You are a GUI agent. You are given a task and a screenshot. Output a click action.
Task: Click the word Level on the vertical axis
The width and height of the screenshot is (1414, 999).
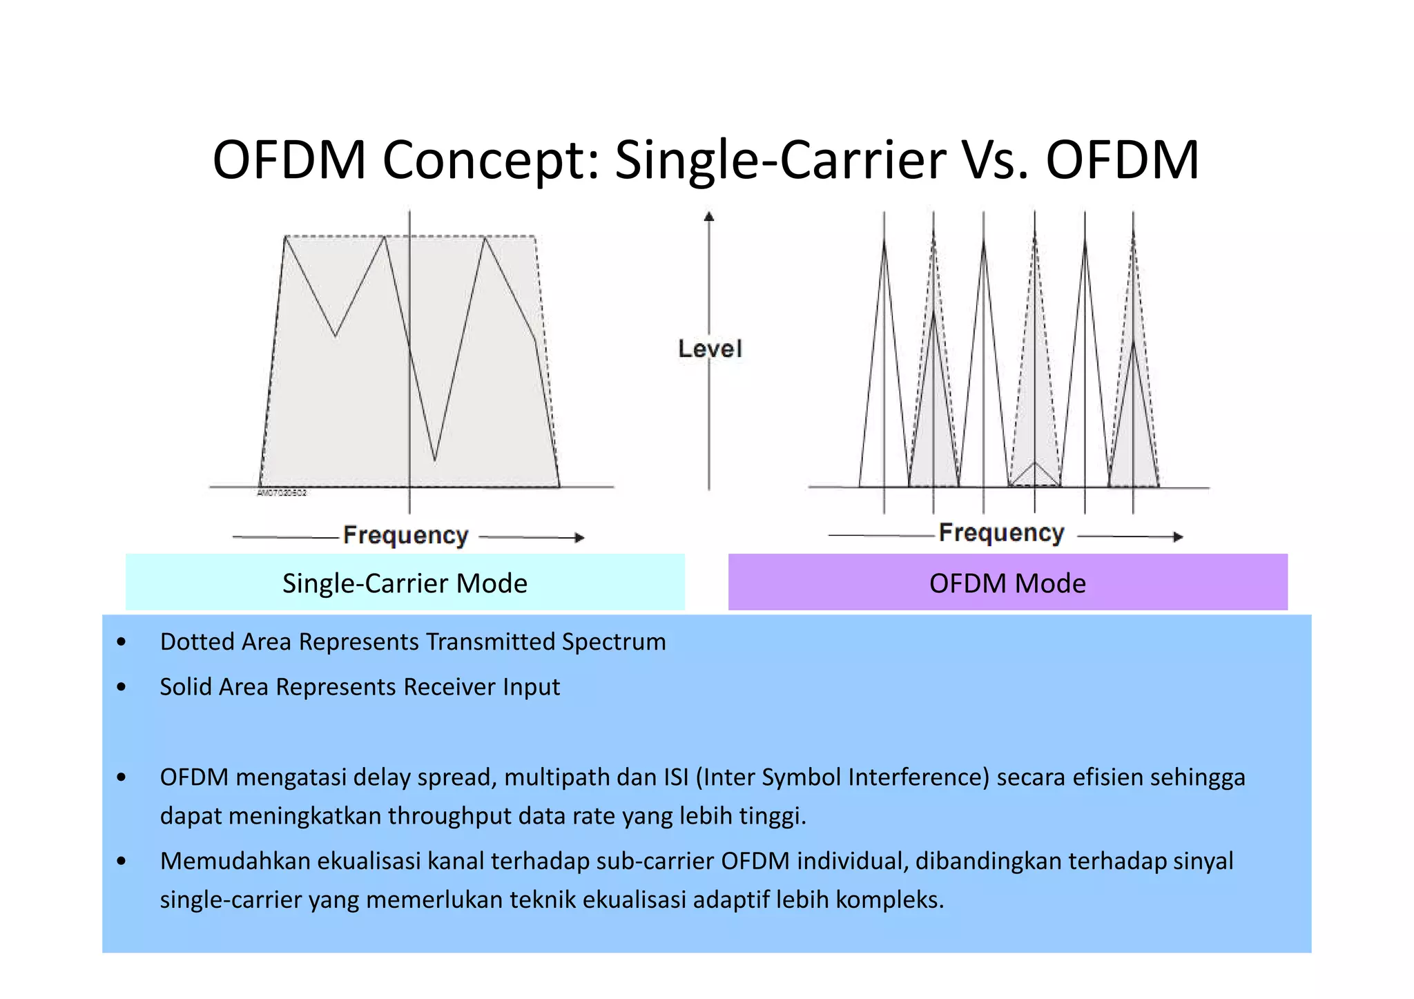click(x=710, y=349)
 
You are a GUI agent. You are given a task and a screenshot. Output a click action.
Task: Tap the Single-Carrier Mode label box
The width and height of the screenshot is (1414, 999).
click(x=405, y=583)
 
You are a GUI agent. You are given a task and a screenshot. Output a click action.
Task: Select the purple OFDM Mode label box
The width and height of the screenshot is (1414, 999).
click(x=1007, y=583)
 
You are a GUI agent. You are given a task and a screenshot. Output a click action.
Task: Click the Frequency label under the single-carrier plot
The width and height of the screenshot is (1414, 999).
click(x=406, y=535)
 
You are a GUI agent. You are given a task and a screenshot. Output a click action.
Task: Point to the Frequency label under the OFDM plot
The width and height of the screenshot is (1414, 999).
click(x=1001, y=533)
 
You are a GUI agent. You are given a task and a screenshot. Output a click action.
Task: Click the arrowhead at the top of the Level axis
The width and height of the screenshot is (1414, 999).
click(x=709, y=217)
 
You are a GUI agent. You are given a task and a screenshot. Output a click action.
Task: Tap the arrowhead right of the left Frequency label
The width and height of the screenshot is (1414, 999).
click(x=580, y=537)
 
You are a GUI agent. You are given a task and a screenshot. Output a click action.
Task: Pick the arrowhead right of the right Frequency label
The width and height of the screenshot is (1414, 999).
click(x=1178, y=536)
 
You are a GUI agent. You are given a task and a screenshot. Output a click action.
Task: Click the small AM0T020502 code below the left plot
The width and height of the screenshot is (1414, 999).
click(x=282, y=493)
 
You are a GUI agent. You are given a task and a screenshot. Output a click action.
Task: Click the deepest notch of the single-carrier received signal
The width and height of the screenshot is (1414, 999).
click(x=434, y=458)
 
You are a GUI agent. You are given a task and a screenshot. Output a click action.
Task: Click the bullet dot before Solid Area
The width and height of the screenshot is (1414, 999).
click(x=122, y=687)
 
